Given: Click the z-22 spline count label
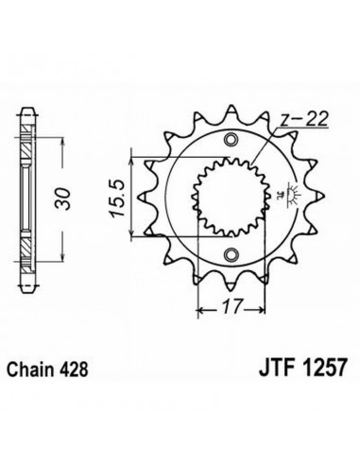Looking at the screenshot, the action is [x=304, y=120].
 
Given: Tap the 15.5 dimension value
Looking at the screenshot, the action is [x=118, y=198].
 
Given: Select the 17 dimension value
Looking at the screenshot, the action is [x=233, y=306].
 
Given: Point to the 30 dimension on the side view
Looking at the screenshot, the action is [x=62, y=198].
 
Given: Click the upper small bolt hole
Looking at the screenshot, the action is [x=231, y=140].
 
